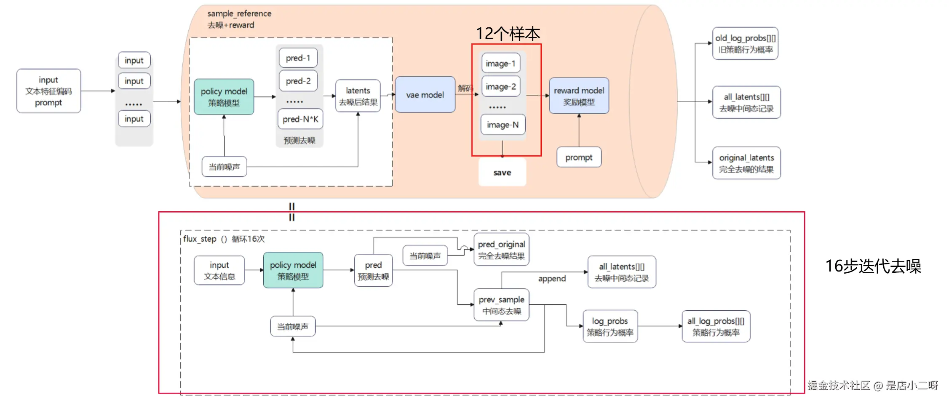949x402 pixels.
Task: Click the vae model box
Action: click(x=425, y=95)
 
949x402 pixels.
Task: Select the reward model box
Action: click(x=579, y=96)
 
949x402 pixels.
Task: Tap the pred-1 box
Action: click(x=298, y=58)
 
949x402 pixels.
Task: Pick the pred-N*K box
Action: click(x=300, y=119)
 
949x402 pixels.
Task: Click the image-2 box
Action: click(x=501, y=86)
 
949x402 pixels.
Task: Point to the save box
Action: click(x=502, y=172)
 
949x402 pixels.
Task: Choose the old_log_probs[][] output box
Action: click(x=745, y=43)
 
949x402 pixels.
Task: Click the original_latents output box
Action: click(x=746, y=163)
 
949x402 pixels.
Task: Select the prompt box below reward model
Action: click(x=579, y=157)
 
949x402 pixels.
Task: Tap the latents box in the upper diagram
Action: click(x=358, y=96)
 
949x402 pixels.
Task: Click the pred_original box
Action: click(x=501, y=250)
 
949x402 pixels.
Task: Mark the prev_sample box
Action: click(x=501, y=305)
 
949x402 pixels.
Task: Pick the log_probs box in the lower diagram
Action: click(x=610, y=326)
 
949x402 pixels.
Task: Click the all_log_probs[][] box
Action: click(x=716, y=326)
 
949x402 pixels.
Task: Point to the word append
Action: click(x=552, y=279)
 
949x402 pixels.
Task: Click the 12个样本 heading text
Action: click(x=508, y=34)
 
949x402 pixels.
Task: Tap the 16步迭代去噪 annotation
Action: click(x=873, y=266)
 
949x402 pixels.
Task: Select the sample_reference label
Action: click(x=239, y=13)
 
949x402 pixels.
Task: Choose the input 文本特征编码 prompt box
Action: click(x=48, y=91)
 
